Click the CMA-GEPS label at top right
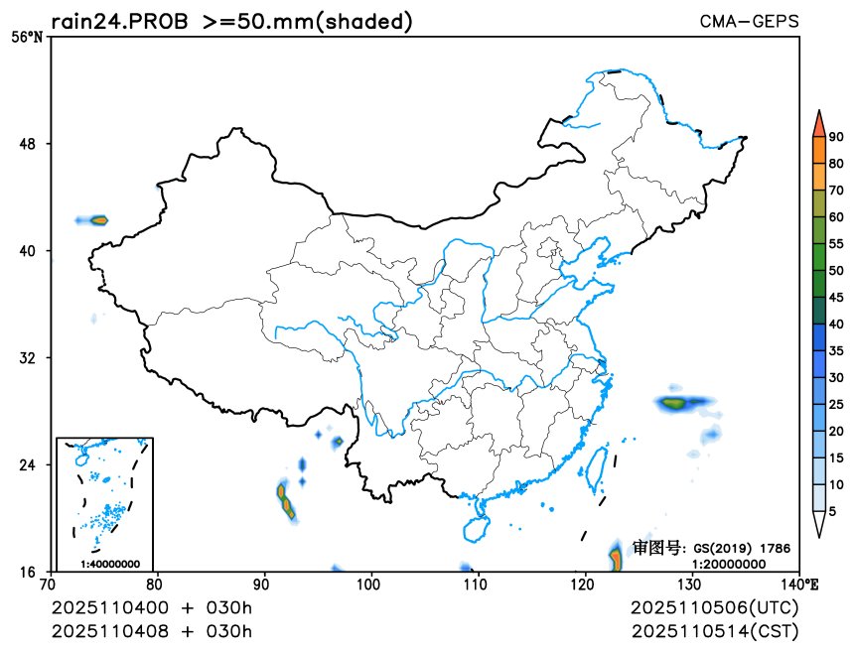click(x=749, y=21)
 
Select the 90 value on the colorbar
click(x=836, y=137)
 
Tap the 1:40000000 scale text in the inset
click(x=110, y=563)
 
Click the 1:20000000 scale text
click(x=728, y=564)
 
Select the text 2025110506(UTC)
click(x=714, y=607)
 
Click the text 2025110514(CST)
click(x=714, y=631)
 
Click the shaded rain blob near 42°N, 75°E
click(x=98, y=219)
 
